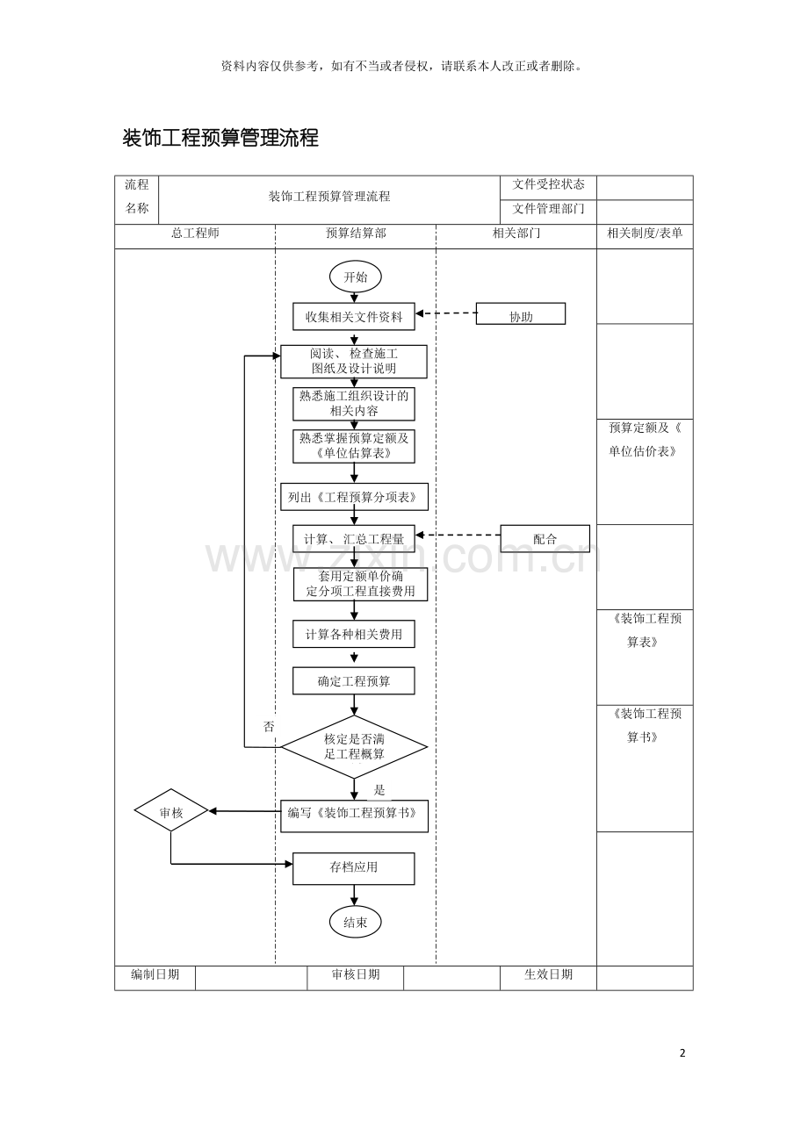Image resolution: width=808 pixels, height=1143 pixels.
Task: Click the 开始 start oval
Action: click(x=355, y=277)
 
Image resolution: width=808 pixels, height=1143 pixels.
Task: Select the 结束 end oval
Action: click(x=355, y=922)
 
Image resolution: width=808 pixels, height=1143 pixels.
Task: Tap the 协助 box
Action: click(x=521, y=315)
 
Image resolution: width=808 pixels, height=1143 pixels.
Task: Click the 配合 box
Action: click(x=545, y=538)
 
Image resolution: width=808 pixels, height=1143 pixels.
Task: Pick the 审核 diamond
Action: click(x=171, y=811)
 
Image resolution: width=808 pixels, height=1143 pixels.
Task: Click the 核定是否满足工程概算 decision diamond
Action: click(x=354, y=746)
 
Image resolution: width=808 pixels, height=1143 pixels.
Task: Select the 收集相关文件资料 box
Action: click(x=354, y=316)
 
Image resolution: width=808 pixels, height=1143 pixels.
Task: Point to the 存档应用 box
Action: click(x=354, y=867)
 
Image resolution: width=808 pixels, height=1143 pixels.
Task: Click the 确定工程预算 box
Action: click(x=354, y=680)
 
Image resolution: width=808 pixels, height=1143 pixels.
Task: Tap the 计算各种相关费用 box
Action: click(x=354, y=634)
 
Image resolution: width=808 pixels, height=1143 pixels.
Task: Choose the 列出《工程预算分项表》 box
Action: click(x=354, y=498)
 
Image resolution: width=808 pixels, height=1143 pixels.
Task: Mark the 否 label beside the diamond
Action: click(x=269, y=727)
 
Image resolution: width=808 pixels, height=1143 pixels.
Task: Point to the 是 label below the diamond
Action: click(x=379, y=790)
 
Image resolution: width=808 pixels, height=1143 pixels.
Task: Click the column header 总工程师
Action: click(x=195, y=234)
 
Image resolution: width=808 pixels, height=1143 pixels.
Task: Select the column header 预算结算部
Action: click(x=355, y=234)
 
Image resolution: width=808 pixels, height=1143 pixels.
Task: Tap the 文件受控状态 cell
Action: click(x=548, y=185)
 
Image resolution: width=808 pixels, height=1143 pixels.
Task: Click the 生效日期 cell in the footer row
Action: click(x=548, y=974)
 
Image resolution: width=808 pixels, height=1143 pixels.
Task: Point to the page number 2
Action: click(x=682, y=1053)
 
